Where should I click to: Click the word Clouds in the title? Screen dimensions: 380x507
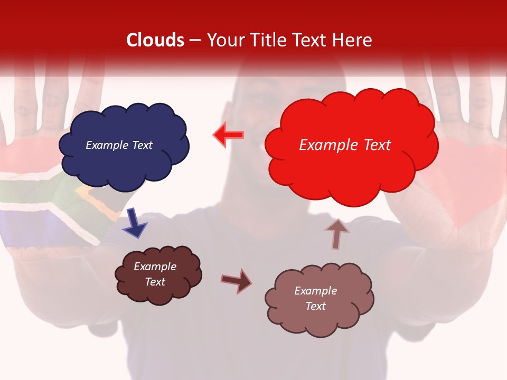point(155,40)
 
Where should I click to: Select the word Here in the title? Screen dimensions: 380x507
point(353,40)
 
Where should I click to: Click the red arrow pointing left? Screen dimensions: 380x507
point(229,135)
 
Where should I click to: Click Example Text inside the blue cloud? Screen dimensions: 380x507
point(119,145)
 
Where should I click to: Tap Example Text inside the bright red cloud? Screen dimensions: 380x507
point(345,145)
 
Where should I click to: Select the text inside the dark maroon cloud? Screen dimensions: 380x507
point(155,274)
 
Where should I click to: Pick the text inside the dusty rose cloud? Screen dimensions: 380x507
point(315,298)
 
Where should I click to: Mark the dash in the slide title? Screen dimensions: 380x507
point(195,41)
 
